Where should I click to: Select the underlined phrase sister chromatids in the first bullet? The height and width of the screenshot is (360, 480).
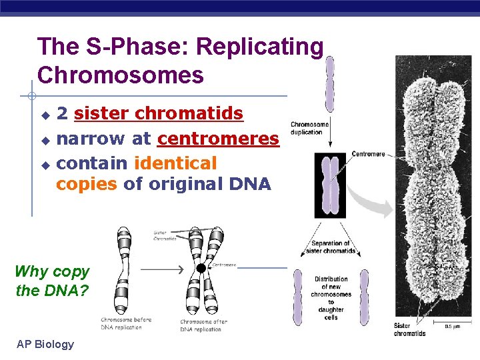coord(159,114)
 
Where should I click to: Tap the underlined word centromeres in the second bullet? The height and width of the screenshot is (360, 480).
coord(218,139)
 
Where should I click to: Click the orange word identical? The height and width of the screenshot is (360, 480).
coord(175,163)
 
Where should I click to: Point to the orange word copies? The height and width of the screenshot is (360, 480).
coord(87,185)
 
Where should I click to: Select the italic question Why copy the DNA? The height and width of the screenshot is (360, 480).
coord(51,281)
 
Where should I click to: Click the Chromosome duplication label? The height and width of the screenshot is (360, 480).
coord(310,128)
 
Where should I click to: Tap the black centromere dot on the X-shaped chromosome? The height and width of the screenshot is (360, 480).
coord(201,268)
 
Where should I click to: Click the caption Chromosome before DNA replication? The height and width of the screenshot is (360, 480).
coord(126,323)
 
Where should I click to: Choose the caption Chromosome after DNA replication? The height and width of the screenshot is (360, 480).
coord(203,325)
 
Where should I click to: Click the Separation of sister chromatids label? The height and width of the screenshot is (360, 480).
coord(331,247)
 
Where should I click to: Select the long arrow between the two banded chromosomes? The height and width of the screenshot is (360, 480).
coord(163,270)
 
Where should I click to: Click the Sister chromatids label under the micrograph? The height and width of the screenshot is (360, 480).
coord(409,329)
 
